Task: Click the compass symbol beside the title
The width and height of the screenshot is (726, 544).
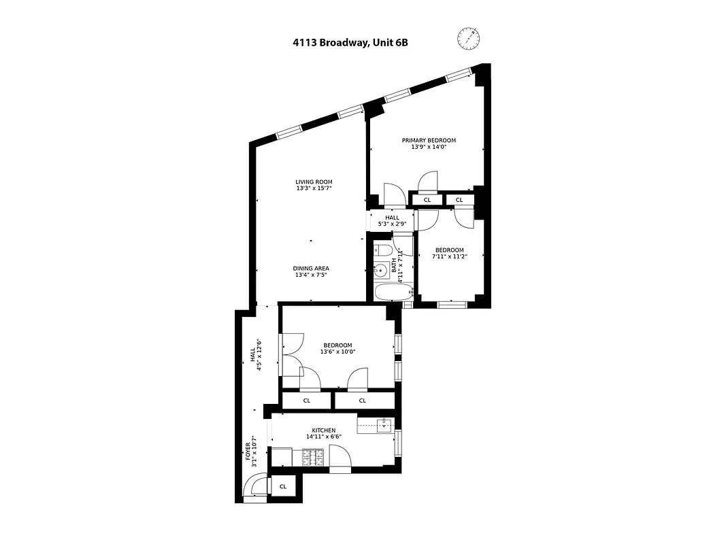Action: click(467, 38)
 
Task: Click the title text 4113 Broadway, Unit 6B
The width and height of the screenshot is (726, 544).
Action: click(350, 42)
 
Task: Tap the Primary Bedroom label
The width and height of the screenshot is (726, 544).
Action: click(429, 140)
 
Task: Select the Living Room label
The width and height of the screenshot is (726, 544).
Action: click(314, 182)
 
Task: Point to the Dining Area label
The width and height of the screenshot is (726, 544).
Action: click(312, 268)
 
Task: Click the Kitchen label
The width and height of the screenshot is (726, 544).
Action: click(324, 430)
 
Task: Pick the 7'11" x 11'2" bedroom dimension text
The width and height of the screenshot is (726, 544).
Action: click(450, 256)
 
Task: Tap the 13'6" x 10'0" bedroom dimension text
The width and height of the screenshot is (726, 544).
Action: click(338, 352)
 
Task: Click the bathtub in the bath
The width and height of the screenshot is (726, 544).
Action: click(394, 293)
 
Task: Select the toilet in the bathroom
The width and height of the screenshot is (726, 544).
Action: click(382, 249)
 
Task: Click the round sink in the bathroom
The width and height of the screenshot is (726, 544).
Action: click(381, 271)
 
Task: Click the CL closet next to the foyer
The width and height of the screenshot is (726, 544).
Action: click(282, 486)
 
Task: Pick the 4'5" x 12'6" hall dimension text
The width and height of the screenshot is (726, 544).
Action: click(259, 354)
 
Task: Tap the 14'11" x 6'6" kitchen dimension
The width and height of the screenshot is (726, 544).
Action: click(324, 437)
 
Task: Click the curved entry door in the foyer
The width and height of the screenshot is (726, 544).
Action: click(254, 488)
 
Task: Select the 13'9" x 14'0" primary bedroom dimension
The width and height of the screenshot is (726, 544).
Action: click(429, 147)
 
